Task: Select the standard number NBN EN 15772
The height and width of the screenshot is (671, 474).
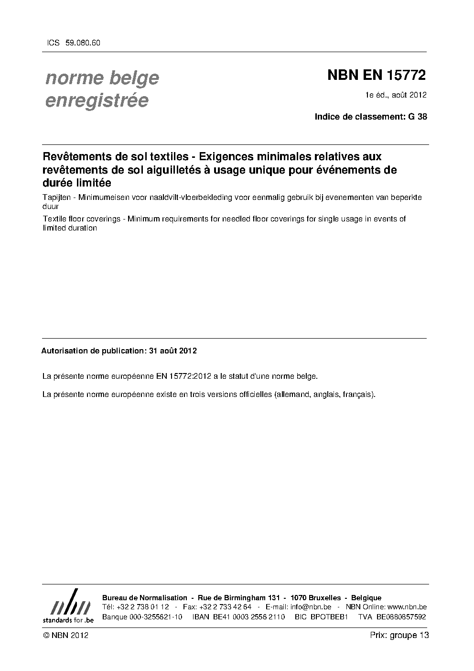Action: click(376, 76)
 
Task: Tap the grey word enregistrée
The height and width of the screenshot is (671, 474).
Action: click(97, 101)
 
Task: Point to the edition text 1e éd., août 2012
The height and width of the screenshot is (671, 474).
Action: click(396, 95)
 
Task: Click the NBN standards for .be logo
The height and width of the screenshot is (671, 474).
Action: click(68, 606)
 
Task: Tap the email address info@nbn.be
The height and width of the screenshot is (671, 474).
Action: click(311, 607)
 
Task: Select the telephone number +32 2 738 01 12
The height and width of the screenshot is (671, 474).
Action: click(142, 607)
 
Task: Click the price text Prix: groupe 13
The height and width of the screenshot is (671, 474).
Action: click(399, 636)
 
